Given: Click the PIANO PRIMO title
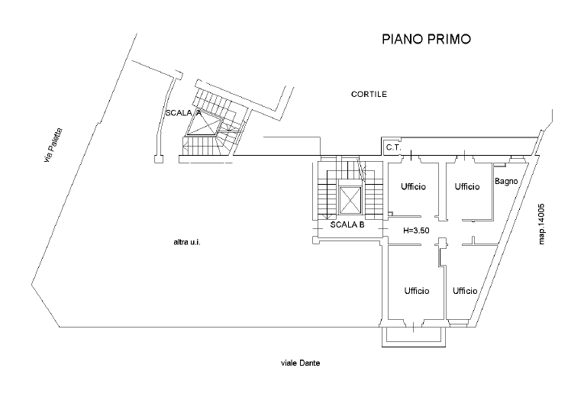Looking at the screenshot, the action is (x=427, y=39).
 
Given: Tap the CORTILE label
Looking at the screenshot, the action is (x=369, y=94).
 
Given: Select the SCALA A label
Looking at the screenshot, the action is (x=184, y=113).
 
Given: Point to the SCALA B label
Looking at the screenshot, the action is (x=347, y=225).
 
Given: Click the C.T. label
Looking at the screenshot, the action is (x=393, y=147).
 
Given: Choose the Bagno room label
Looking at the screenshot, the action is (x=506, y=182).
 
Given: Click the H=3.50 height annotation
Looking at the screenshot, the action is (x=416, y=231).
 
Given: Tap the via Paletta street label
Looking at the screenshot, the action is (x=53, y=145).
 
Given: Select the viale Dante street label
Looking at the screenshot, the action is (x=300, y=363).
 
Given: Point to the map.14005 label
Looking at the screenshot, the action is (x=541, y=224).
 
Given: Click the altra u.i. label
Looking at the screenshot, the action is (x=187, y=243).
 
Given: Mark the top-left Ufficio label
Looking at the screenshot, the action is (x=414, y=186).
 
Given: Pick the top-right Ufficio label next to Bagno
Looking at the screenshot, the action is (x=467, y=186).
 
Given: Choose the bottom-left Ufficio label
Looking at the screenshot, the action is (x=417, y=290).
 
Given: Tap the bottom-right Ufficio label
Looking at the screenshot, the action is (x=465, y=290).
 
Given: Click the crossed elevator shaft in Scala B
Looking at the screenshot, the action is (x=350, y=201).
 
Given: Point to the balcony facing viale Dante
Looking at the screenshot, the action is (x=414, y=337).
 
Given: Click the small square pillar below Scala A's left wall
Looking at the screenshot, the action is (x=159, y=159).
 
